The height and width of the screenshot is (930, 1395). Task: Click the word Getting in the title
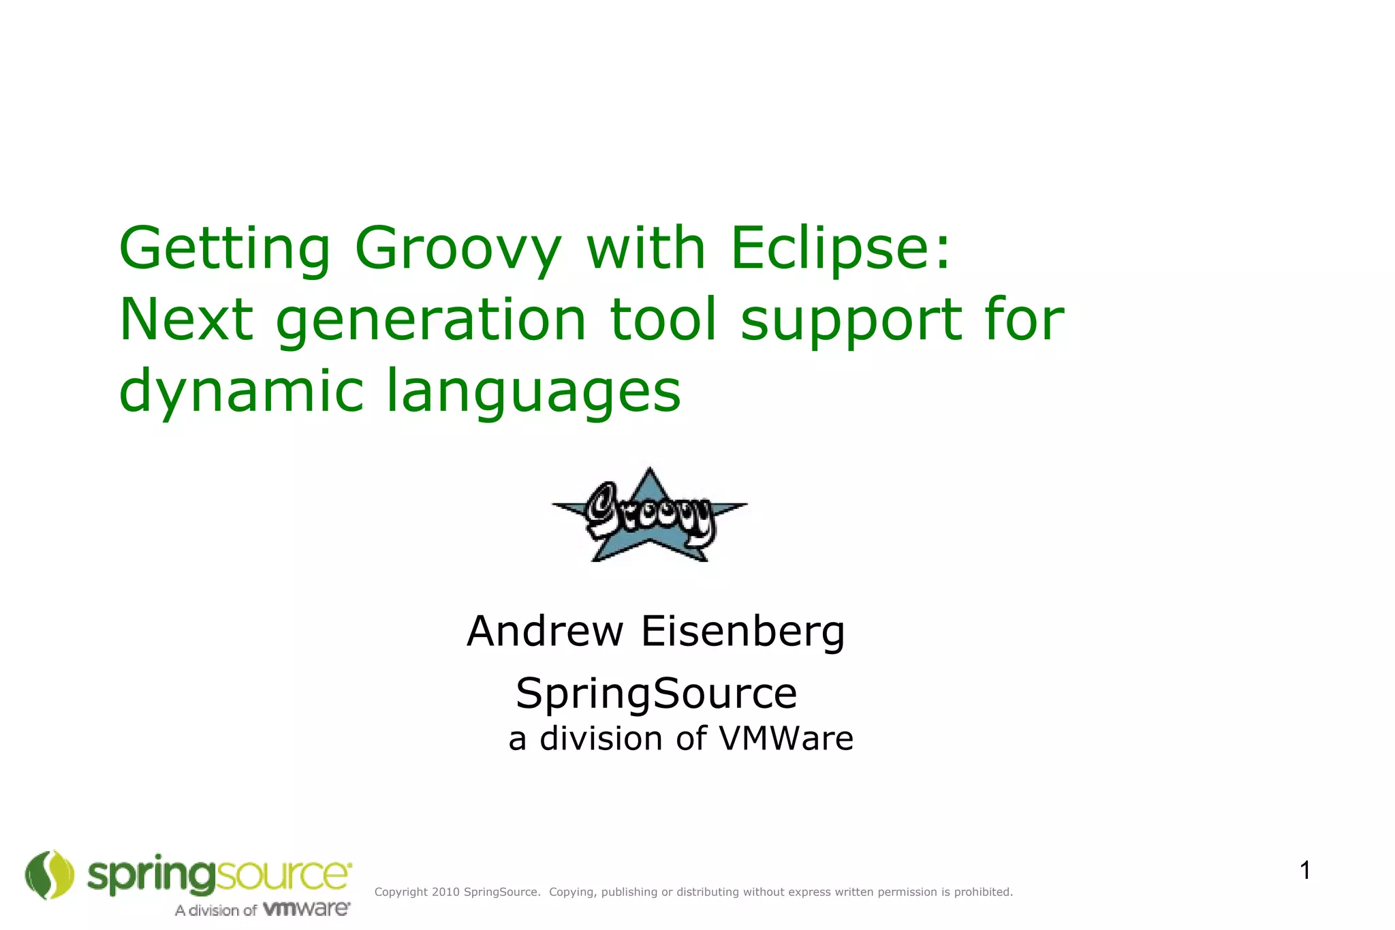point(224,249)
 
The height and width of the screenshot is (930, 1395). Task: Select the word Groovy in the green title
point(458,249)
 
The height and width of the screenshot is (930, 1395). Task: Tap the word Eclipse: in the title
point(839,249)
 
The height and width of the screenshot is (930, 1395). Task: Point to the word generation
point(430,320)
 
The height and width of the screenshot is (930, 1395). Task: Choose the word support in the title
point(851,322)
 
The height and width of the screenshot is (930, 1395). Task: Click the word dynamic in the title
point(241,391)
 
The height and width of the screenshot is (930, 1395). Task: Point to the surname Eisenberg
point(742,632)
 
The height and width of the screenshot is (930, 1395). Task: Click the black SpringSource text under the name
point(656,694)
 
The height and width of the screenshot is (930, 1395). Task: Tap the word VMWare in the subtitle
point(786,739)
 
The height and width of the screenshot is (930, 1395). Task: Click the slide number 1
point(1305,871)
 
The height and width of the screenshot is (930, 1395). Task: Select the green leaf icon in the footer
point(49,875)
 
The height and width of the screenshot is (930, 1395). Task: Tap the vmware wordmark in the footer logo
point(307,909)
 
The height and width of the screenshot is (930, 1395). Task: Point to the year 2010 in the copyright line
point(445,892)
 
